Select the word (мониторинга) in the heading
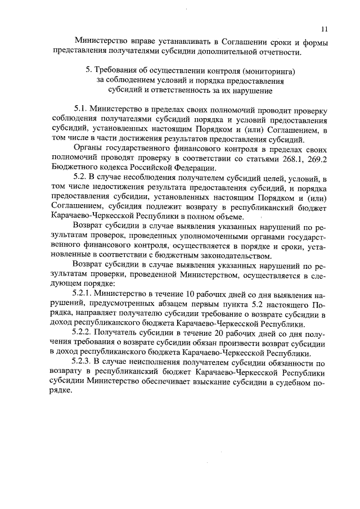coord(268,71)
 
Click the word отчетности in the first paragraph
coord(276,53)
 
